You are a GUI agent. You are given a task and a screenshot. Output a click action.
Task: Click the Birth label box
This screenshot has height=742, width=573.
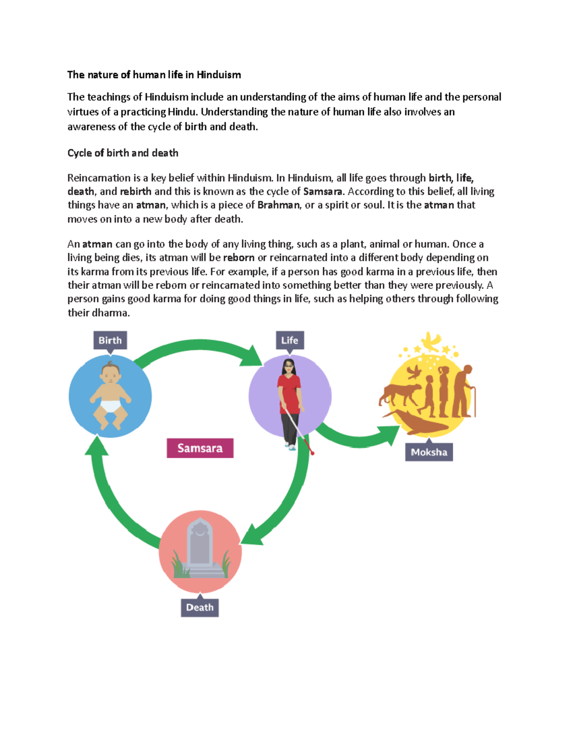[110, 341]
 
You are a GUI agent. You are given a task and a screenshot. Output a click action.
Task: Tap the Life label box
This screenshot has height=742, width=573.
[289, 341]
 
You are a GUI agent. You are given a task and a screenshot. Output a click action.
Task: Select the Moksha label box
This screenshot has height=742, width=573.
[429, 452]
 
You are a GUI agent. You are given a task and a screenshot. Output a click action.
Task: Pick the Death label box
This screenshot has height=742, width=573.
[200, 607]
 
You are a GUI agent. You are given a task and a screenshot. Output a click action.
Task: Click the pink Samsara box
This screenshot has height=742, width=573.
[200, 448]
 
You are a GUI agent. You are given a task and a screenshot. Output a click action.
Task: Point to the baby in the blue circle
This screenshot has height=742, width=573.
[110, 394]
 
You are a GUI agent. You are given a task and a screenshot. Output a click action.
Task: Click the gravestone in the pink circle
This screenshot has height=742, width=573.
[200, 545]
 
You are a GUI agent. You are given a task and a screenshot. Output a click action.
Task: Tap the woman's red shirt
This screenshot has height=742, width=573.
[289, 394]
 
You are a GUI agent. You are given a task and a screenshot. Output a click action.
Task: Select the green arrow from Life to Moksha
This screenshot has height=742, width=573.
[358, 437]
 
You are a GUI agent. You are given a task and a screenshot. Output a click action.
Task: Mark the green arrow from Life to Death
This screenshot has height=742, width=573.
[286, 502]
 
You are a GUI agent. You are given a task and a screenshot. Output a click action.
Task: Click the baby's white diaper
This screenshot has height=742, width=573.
[110, 406]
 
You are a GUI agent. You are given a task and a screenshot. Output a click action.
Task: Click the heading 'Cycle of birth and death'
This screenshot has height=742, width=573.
[123, 153]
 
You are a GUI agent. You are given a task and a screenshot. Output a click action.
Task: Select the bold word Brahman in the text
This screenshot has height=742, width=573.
[278, 205]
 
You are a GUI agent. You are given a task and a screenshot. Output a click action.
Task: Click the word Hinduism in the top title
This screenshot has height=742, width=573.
[219, 75]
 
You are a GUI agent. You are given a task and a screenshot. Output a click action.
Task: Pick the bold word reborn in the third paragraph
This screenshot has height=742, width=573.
[238, 258]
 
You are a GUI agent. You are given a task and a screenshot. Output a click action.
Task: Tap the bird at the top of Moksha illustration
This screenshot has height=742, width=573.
[431, 341]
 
